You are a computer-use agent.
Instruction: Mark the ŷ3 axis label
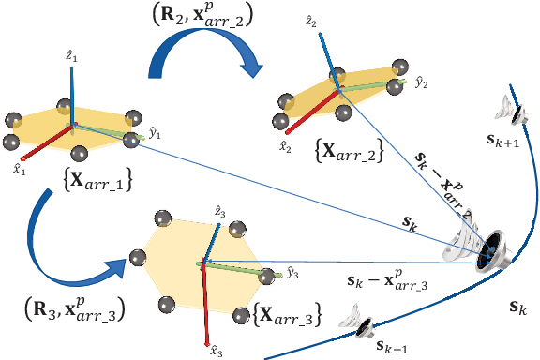tap(293, 274)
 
